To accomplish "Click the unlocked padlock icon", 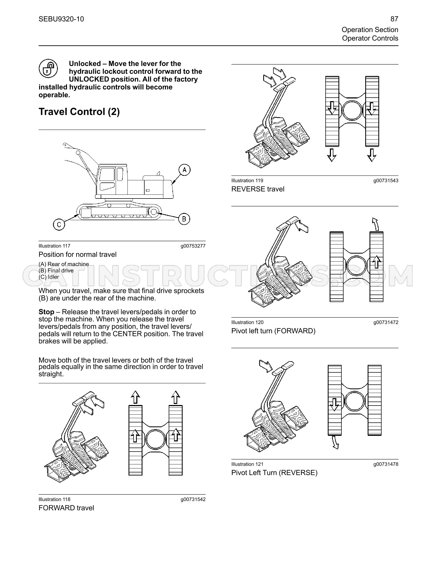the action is (x=48, y=68).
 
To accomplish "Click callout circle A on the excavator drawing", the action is (x=184, y=170).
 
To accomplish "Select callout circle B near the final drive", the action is (x=184, y=219).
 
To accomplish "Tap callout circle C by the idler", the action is (x=59, y=224).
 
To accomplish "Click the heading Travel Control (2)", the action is (x=79, y=112).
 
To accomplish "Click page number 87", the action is (x=394, y=19).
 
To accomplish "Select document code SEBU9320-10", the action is (x=61, y=19).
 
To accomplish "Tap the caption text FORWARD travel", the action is (x=66, y=508).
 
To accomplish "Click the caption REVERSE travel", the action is (x=258, y=189).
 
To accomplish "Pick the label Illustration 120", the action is (x=247, y=322).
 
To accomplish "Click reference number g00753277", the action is (x=193, y=246).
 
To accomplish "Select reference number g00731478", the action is (x=386, y=464).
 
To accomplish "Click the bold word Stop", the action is (x=46, y=312).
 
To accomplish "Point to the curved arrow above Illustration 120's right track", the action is (x=375, y=224).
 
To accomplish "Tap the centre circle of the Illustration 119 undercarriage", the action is (x=352, y=110).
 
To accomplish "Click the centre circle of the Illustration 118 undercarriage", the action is (x=155, y=439).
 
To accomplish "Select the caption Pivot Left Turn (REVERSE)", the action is (x=274, y=473).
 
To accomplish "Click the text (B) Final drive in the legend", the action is (x=56, y=270).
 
